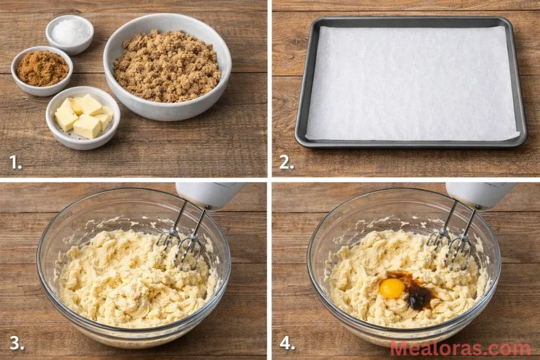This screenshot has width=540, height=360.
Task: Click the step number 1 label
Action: (x=15, y=162)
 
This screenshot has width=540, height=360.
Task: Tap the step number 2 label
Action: (x=286, y=162)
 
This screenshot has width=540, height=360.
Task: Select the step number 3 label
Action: (x=16, y=343)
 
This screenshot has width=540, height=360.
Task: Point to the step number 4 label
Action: (x=287, y=343)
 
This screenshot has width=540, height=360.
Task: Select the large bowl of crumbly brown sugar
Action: (x=167, y=65)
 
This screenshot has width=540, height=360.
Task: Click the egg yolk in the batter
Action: (x=392, y=288)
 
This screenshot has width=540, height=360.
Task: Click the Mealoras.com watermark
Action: (x=460, y=348)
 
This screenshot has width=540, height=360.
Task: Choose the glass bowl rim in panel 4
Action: (x=310, y=264)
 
